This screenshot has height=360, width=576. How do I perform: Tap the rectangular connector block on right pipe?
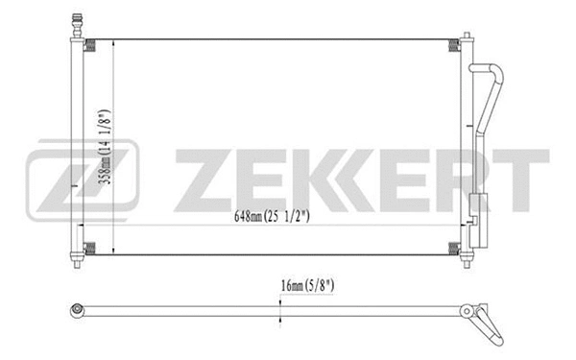(x=477, y=204)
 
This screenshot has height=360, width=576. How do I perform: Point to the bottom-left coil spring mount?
(x=92, y=250)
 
